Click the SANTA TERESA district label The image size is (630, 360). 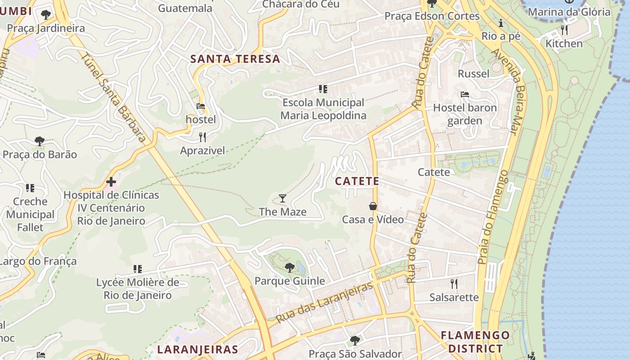(235, 59)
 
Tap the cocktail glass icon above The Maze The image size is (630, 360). (282, 198)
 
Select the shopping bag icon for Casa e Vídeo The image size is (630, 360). (373, 206)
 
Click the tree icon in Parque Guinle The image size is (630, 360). (289, 268)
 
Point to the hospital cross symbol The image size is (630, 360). (111, 182)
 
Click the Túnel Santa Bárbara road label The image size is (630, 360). (114, 96)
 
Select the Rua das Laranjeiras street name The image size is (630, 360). (324, 302)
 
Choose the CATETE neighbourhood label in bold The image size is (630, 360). (357, 181)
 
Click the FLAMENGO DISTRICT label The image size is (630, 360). (475, 342)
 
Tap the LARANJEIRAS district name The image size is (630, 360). (198, 350)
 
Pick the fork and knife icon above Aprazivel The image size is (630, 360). (202, 137)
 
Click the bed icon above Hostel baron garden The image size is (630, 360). (465, 94)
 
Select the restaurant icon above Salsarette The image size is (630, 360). (454, 283)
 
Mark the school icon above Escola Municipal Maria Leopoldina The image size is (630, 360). (323, 89)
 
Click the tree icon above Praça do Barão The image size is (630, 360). (40, 141)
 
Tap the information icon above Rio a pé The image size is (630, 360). (500, 23)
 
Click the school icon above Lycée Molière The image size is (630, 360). (138, 269)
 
